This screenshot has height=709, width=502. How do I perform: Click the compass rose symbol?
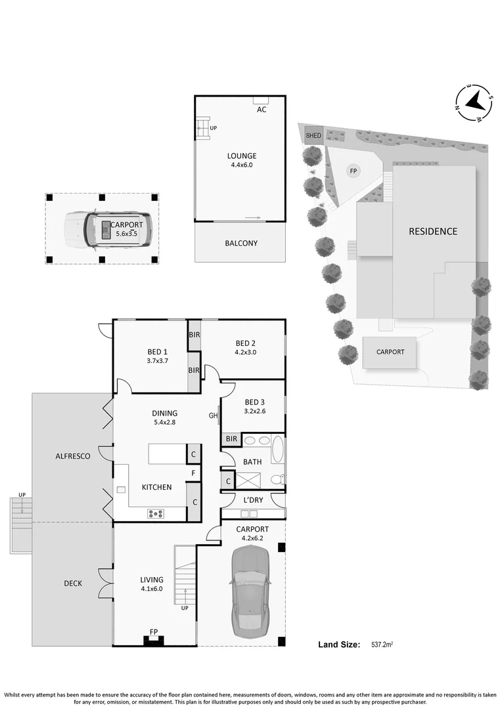[475, 103]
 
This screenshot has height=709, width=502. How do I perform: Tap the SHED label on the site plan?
[313, 136]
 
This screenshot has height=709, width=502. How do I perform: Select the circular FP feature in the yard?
[354, 171]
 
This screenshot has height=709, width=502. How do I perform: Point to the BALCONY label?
[241, 243]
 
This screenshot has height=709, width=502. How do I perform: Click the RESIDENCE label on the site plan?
[433, 231]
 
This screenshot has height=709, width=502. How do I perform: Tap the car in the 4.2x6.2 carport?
[250, 591]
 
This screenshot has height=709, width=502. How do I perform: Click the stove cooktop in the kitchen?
[157, 513]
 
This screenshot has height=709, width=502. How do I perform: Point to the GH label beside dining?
[213, 416]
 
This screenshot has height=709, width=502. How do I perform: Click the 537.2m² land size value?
[386, 645]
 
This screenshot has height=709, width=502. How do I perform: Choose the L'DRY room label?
[253, 500]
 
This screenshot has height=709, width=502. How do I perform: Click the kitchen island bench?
[167, 454]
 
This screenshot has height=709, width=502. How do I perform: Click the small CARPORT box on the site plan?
[390, 352]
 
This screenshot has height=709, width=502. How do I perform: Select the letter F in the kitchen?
[193, 473]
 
